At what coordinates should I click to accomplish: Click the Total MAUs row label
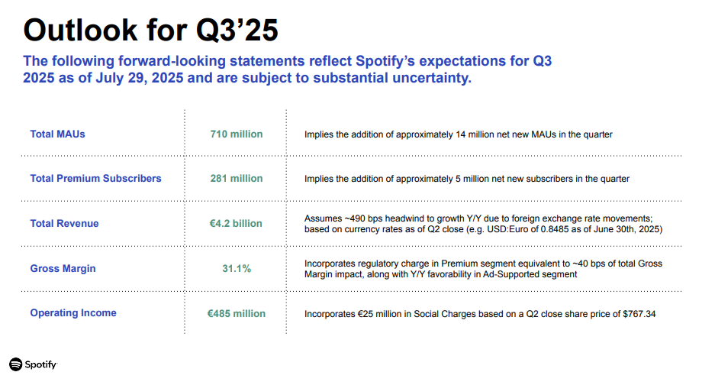tap(57, 134)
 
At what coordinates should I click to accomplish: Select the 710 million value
tap(237, 134)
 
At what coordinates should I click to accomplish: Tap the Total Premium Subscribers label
tap(95, 178)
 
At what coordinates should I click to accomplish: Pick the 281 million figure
tap(237, 178)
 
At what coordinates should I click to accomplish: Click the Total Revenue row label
tap(64, 223)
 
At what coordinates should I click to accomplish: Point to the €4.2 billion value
tap(237, 223)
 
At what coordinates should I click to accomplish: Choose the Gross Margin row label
tap(63, 268)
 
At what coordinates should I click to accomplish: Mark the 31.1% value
tap(237, 268)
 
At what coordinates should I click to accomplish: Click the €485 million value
tap(237, 313)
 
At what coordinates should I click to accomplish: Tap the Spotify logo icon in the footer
tap(16, 364)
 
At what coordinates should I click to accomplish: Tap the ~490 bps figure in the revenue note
tap(363, 218)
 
